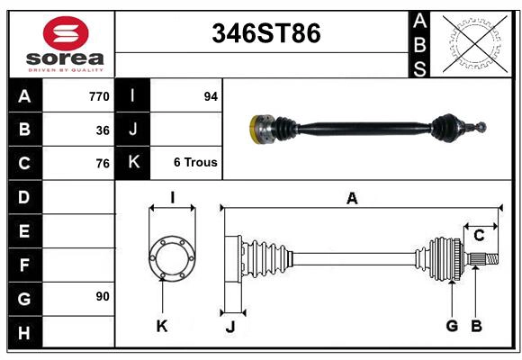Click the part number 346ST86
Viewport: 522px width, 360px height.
point(265,33)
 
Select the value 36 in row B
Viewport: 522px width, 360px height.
point(103,130)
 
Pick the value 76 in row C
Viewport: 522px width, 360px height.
point(103,164)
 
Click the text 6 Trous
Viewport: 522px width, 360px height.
point(195,163)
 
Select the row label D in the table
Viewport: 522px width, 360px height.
point(24,197)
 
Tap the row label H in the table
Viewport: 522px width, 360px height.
point(24,333)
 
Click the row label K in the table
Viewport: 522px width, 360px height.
point(133,163)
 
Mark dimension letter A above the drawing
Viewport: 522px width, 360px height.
point(352,199)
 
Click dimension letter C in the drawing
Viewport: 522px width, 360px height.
point(480,236)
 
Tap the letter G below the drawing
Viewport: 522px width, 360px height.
point(453,326)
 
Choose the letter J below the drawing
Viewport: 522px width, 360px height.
point(229,327)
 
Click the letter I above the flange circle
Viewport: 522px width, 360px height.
point(172,197)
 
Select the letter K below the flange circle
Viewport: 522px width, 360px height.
point(162,326)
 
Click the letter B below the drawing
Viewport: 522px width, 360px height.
point(477,326)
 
